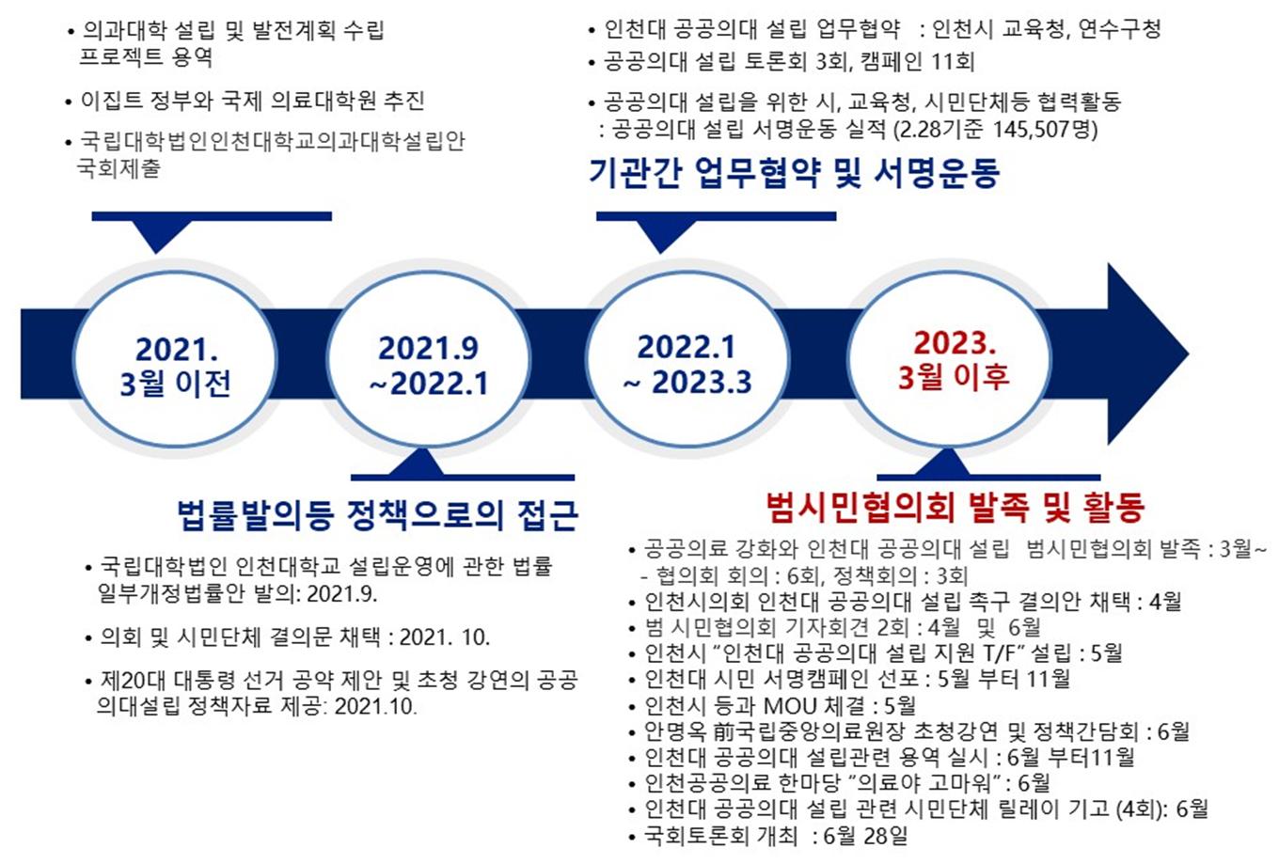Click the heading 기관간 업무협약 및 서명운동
794,172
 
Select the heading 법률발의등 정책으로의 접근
377,515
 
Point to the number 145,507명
1045,130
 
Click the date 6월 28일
865,836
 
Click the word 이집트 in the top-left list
112,101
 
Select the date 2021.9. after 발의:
342,594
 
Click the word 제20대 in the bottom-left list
133,680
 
